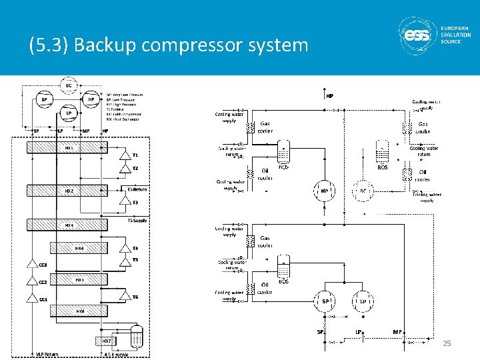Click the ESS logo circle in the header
pos(417,33)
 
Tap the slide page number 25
pos(447,343)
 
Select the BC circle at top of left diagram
pos(68,85)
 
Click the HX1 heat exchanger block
pos(70,147)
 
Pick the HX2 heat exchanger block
pos(70,191)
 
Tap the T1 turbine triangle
pos(124,155)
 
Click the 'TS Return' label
pos(137,189)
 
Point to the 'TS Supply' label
pos(138,220)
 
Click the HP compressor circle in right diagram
pos(324,191)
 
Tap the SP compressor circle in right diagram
pos(325,301)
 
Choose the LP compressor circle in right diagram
pos(363,301)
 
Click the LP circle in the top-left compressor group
pos(68,113)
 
